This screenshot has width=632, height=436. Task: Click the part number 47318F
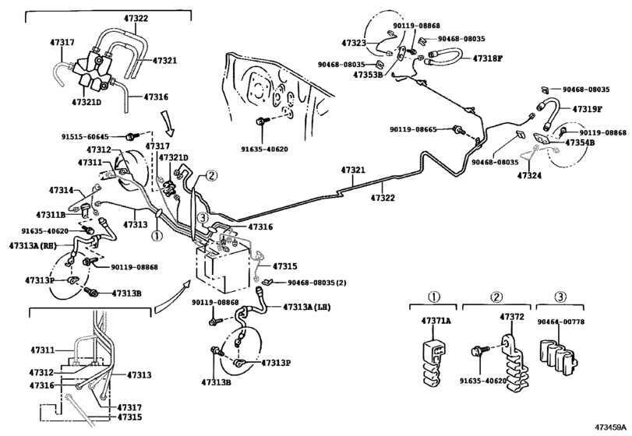tap(488, 58)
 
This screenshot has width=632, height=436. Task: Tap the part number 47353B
tap(368, 75)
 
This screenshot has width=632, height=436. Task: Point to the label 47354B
tap(580, 142)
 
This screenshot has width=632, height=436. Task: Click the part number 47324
tap(529, 175)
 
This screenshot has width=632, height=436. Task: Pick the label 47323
tap(354, 43)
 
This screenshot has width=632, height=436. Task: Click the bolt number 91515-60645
tap(85, 137)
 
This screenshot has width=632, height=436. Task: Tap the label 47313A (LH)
tap(307, 307)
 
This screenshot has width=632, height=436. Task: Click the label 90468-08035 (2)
tap(317, 283)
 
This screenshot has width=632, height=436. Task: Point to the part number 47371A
tap(436, 321)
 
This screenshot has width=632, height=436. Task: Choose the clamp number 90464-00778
tap(560, 322)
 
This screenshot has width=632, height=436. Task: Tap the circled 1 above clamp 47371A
tap(433, 297)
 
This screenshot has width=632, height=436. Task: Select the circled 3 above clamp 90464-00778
tap(560, 297)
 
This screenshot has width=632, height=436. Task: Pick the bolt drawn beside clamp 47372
tap(479, 350)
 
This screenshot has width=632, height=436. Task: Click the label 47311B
tap(51, 215)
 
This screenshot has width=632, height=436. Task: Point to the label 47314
tap(62, 190)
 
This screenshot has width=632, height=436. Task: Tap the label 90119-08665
tap(413, 130)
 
